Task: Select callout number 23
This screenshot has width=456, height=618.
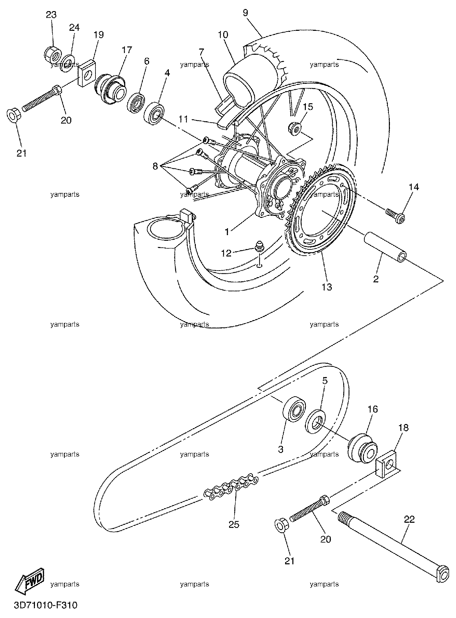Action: [51, 15]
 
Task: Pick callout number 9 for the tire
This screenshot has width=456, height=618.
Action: [245, 13]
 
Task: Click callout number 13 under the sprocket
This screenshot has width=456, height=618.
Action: [327, 287]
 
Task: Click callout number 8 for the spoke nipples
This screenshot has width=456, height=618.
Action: [155, 166]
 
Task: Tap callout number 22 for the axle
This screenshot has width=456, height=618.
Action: [409, 520]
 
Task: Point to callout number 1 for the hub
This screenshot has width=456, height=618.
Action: [227, 231]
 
